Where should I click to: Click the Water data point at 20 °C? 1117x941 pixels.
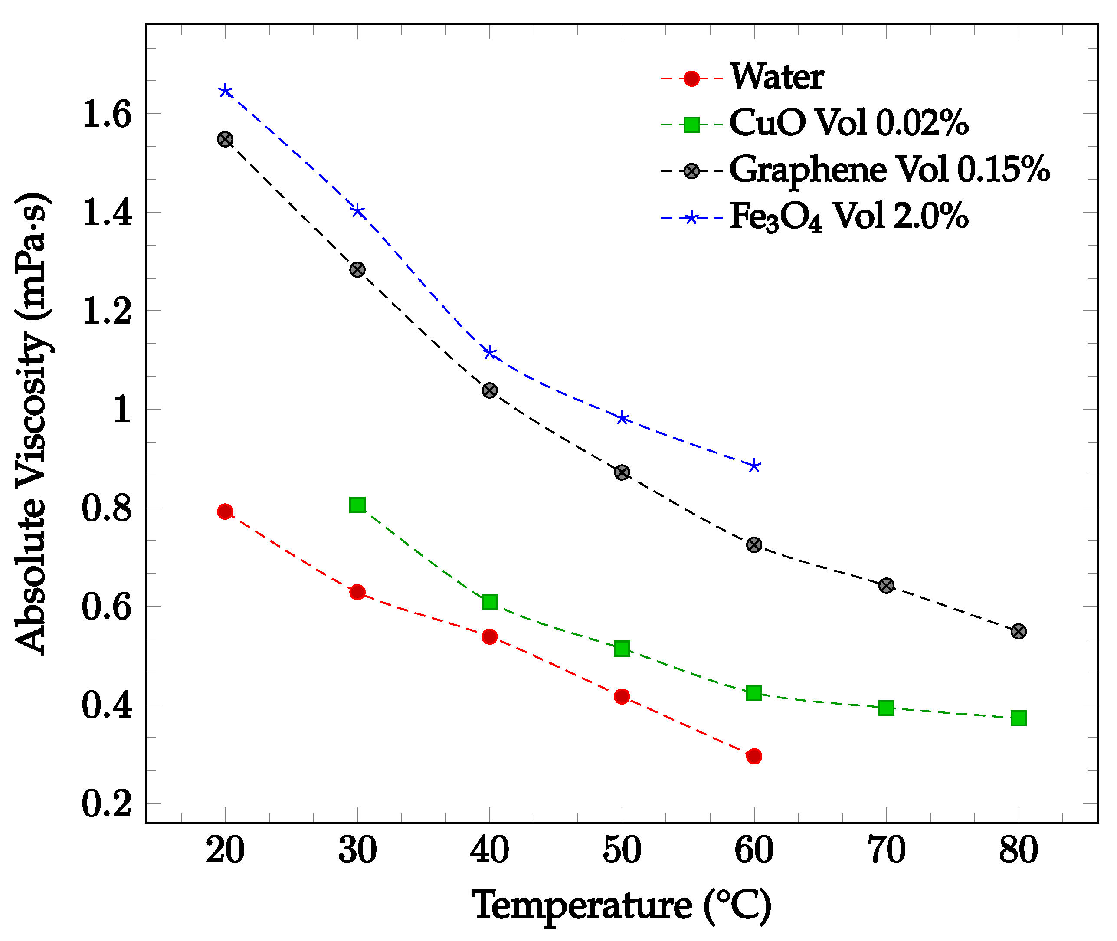tap(225, 511)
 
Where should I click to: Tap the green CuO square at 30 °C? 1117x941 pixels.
tap(357, 505)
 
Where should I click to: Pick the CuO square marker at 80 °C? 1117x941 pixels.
tap(1019, 718)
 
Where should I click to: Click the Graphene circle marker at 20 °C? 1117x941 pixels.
tap(225, 140)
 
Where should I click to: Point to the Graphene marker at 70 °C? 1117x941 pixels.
tap(886, 586)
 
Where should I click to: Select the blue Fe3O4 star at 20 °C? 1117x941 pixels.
tap(225, 91)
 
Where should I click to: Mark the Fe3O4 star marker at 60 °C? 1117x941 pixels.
tap(754, 466)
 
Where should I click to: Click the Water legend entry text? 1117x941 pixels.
tap(776, 77)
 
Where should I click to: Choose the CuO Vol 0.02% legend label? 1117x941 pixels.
tap(848, 124)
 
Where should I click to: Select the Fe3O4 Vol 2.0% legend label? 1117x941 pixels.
tap(848, 217)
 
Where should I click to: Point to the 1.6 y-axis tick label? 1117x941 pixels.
tap(106, 114)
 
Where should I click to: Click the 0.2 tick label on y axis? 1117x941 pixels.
tap(106, 804)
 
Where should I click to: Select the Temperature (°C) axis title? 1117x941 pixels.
tap(622, 906)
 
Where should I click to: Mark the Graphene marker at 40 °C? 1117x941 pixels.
tap(489, 390)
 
